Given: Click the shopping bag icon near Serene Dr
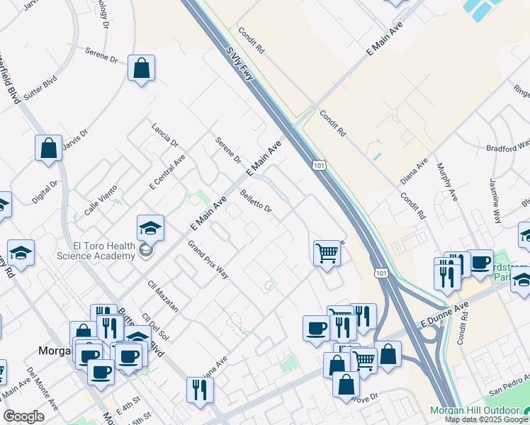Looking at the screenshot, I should pos(142,69).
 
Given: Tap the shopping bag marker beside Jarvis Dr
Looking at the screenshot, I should pos(48,149).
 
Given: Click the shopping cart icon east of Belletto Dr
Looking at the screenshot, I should pos(327,252).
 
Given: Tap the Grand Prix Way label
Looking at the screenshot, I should pos(208,259).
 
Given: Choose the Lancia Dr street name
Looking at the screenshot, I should pos(164,132).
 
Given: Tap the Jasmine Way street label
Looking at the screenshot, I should pos(495,200).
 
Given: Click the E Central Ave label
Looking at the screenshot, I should pos(167,172).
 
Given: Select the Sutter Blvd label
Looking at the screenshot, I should pos(40,89).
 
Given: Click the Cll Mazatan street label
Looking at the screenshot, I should pos(162,296).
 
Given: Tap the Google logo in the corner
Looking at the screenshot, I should pos(23,416).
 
